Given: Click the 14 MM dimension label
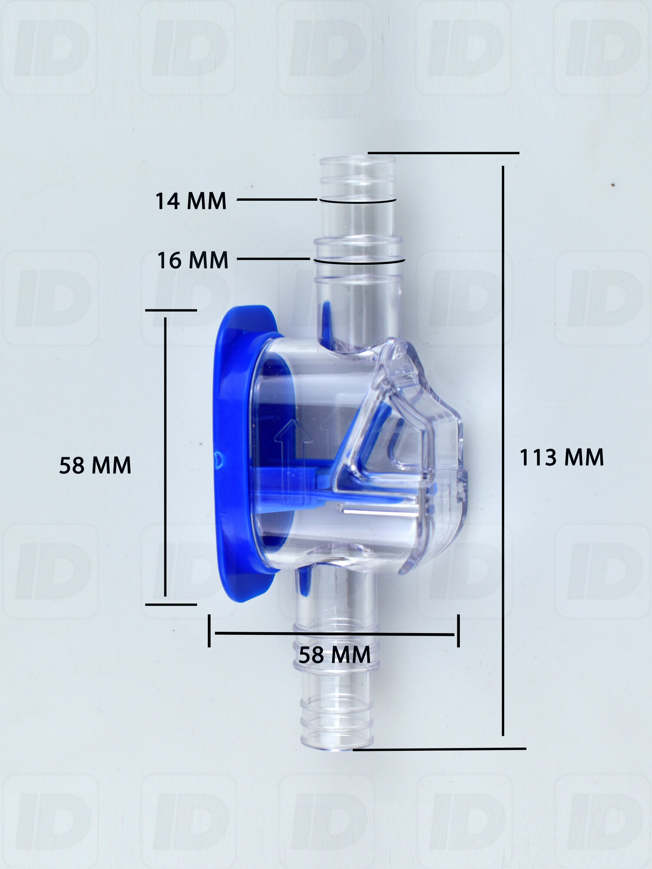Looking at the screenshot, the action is click(x=191, y=201).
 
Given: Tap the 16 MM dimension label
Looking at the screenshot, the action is click(x=193, y=260).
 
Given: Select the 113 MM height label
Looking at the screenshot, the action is click(x=562, y=458).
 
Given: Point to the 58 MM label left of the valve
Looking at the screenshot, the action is click(x=95, y=465).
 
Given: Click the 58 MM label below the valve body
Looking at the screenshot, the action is click(x=335, y=655).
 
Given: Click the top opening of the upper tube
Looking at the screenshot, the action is click(x=357, y=160).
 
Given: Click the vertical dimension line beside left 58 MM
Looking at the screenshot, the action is click(x=166, y=457).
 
